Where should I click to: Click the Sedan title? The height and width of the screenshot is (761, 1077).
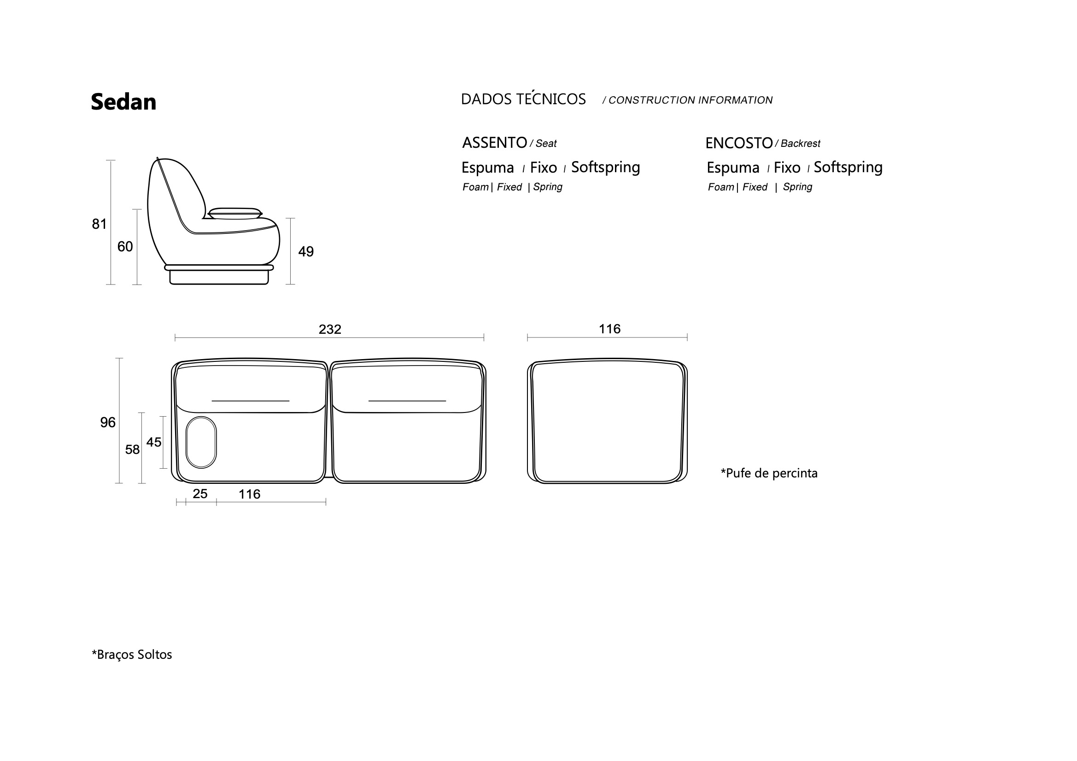[123, 102]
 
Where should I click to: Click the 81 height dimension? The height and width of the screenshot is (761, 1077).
[99, 224]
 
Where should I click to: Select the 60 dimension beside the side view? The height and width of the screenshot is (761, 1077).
[125, 247]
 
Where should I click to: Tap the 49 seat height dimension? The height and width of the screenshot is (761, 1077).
[306, 252]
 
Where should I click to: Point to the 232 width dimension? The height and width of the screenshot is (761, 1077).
[330, 329]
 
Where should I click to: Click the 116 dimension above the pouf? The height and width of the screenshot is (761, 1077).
[609, 329]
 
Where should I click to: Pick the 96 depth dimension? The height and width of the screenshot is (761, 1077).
[107, 423]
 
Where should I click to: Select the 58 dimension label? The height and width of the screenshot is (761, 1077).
[132, 450]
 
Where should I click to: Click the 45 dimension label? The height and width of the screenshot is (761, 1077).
[153, 442]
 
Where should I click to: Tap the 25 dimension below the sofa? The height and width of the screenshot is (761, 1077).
[200, 494]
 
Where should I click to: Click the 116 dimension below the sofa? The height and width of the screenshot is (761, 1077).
[249, 494]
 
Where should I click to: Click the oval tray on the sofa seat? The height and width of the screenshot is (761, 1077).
[201, 442]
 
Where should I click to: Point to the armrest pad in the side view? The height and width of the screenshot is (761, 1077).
[234, 213]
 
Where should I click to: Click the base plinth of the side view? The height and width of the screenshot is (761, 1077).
[219, 276]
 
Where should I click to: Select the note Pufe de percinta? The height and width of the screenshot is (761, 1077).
[769, 473]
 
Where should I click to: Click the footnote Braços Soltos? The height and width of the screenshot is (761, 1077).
[132, 655]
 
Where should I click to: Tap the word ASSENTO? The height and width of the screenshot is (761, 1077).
[494, 143]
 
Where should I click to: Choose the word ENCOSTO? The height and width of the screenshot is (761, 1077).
[739, 143]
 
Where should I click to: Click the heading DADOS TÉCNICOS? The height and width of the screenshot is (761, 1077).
[523, 99]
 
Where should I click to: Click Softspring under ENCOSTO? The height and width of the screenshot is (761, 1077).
[848, 168]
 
